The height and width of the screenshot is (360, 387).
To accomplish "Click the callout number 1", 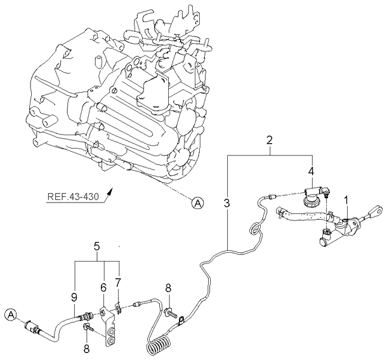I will [x=346, y=200].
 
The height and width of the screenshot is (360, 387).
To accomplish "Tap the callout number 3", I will [x=226, y=204].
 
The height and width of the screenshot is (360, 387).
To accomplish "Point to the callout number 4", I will [x=311, y=171].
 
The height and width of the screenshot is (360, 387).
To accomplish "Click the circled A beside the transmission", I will [x=198, y=203].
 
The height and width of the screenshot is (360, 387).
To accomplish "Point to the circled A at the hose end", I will [x=10, y=314].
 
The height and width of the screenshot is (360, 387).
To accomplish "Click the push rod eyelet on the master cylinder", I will [x=377, y=210].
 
